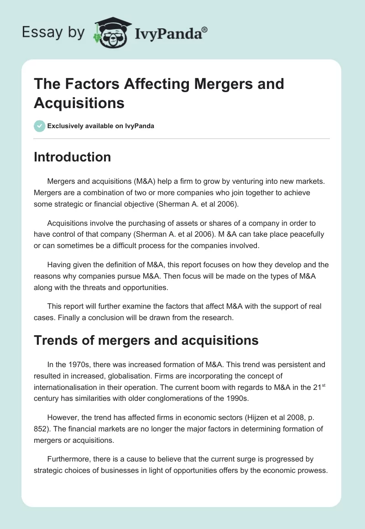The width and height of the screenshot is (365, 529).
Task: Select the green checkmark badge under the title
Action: pyautogui.click(x=39, y=126)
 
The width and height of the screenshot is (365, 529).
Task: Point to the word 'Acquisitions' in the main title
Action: pyautogui.click(x=79, y=103)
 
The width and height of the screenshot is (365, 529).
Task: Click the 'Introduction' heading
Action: pyautogui.click(x=72, y=157)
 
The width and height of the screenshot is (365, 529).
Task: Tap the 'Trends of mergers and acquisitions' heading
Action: pyautogui.click(x=146, y=340)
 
